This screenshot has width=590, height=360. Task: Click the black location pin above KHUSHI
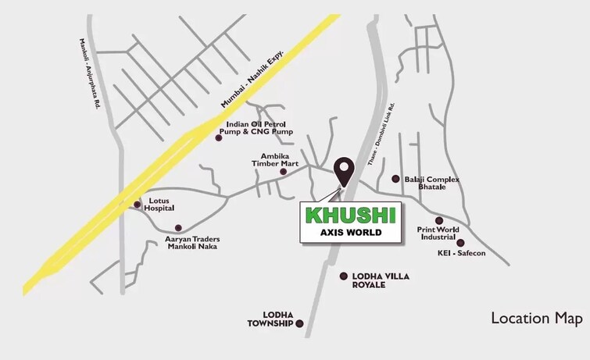(343, 169)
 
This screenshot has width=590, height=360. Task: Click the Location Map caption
(536, 318)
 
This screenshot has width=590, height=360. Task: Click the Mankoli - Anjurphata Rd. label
(88, 73)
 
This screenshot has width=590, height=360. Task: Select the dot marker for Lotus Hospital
(138, 205)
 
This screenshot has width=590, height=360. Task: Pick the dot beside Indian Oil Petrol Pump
(219, 137)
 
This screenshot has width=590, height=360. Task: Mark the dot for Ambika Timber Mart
(294, 171)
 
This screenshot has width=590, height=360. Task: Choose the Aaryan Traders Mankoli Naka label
(191, 242)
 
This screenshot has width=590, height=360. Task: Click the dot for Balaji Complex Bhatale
(395, 179)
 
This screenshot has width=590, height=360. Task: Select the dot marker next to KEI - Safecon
(459, 243)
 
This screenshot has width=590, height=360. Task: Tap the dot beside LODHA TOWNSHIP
(299, 323)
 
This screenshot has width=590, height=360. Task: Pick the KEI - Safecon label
(461, 254)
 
